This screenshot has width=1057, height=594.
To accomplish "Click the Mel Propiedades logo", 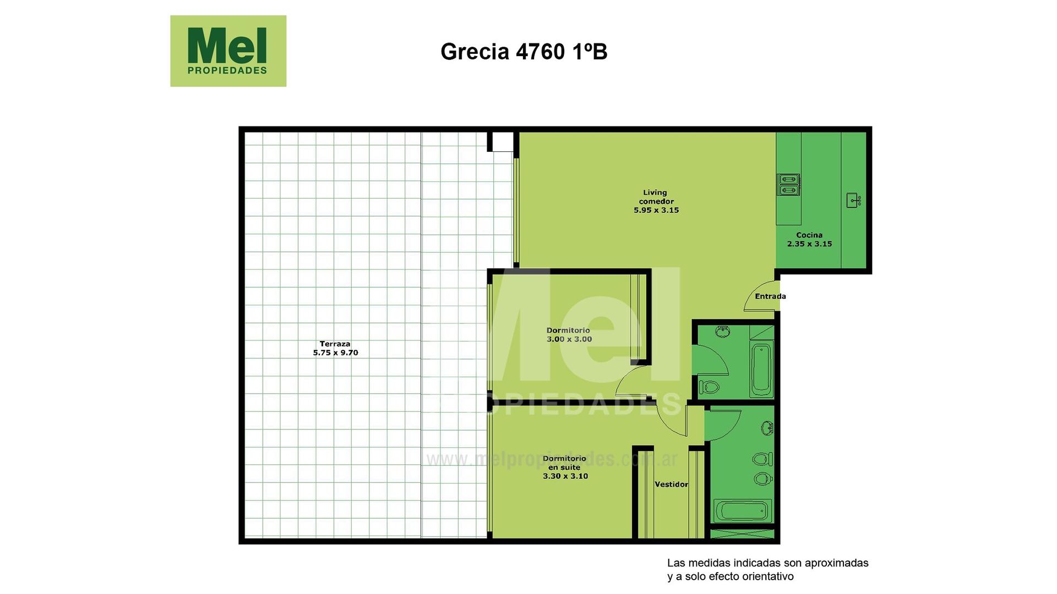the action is click(228, 51).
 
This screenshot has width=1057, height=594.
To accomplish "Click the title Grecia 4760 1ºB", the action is click(524, 52).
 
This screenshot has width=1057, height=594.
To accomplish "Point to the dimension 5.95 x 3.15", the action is click(656, 210).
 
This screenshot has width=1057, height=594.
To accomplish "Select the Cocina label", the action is click(809, 235).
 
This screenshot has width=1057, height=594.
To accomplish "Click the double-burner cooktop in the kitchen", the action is click(788, 185).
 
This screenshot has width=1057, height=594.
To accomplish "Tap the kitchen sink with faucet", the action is click(854, 200).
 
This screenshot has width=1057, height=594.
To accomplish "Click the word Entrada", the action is click(770, 296).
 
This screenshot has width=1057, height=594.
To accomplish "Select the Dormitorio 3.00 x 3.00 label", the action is click(569, 335).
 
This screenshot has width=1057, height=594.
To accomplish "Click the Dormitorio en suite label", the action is click(565, 467).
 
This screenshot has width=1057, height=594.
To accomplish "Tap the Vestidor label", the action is click(671, 485).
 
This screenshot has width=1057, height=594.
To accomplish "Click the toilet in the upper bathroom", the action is click(709, 387).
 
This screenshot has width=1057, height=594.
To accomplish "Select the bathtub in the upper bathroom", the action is click(762, 369).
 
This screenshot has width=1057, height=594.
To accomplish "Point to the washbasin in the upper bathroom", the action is click(722, 331).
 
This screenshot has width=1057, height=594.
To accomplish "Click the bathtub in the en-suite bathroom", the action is click(743, 511).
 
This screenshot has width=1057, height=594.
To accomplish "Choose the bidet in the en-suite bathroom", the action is click(763, 479).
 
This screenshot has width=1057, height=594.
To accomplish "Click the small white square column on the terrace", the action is click(502, 141).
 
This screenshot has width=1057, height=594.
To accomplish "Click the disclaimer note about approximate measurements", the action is click(767, 570).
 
